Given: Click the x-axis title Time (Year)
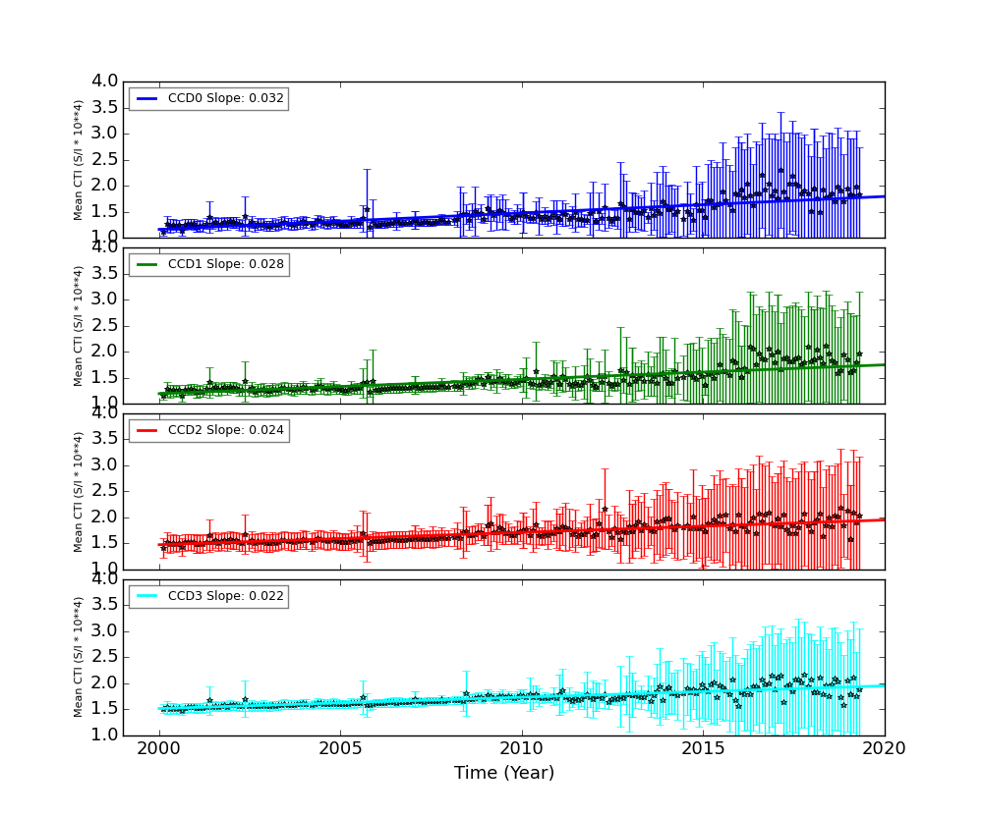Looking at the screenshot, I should point(504,773).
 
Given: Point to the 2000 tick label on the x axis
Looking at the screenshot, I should point(159,749).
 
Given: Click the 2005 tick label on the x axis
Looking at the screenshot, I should point(340,749).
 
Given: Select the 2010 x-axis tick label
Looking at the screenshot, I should point(522,749).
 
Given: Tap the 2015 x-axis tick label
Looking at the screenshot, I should point(703,749).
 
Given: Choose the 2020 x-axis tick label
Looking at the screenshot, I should point(884,749).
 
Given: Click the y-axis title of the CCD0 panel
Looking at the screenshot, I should point(79,160).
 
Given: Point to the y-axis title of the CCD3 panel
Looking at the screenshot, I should point(79,657).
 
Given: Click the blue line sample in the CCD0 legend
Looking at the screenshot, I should point(147,99).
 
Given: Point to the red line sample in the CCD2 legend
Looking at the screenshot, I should point(147,430).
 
